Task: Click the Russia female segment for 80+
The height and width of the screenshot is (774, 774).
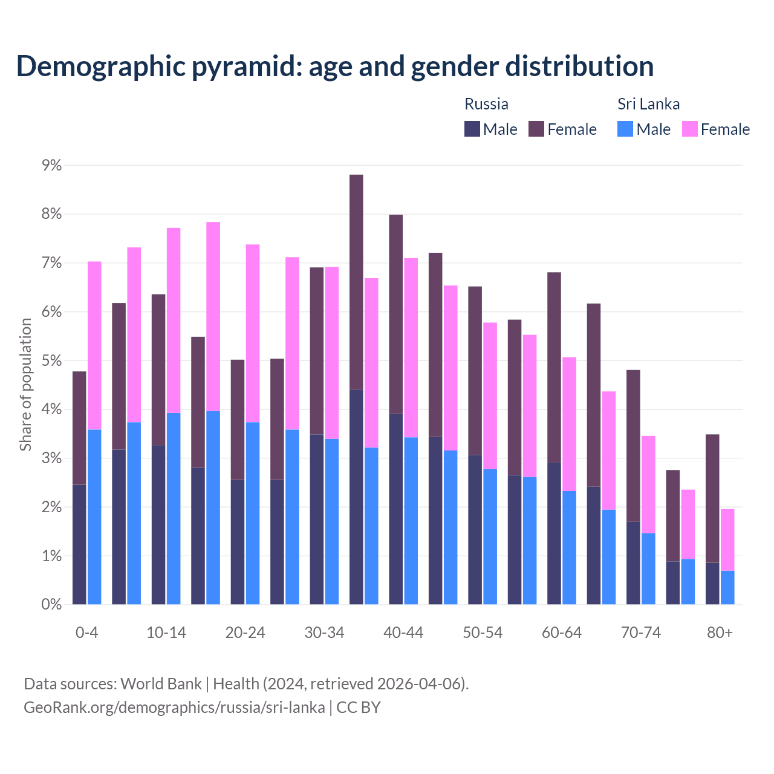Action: pos(712,498)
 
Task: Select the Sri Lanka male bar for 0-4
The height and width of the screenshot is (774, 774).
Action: pos(94,517)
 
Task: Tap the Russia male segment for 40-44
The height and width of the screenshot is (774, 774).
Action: pos(396,509)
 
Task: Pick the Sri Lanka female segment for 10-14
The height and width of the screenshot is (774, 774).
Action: pos(174,320)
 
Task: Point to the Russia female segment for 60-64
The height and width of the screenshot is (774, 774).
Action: pos(554,368)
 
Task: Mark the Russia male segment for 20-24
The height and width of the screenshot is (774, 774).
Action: pos(238,542)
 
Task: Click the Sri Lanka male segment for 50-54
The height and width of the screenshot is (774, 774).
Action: pos(490,537)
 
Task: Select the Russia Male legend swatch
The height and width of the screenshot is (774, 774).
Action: pos(472,129)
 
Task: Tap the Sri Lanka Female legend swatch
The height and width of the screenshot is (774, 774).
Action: pos(690,129)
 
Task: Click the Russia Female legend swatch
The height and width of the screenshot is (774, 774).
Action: pos(536,129)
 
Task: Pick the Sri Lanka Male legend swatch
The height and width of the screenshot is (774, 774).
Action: pos(625,129)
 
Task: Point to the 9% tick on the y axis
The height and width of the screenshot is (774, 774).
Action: pos(51,165)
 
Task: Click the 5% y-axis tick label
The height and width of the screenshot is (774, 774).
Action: pos(51,361)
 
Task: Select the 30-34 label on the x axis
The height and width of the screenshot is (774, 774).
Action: pos(324,633)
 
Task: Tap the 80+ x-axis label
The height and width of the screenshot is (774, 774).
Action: pos(720,633)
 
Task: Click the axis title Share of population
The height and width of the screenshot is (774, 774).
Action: pos(26,385)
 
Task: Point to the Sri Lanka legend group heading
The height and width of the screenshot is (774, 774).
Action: pos(648,104)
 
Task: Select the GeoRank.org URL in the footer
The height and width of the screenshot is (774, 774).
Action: pos(174,707)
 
